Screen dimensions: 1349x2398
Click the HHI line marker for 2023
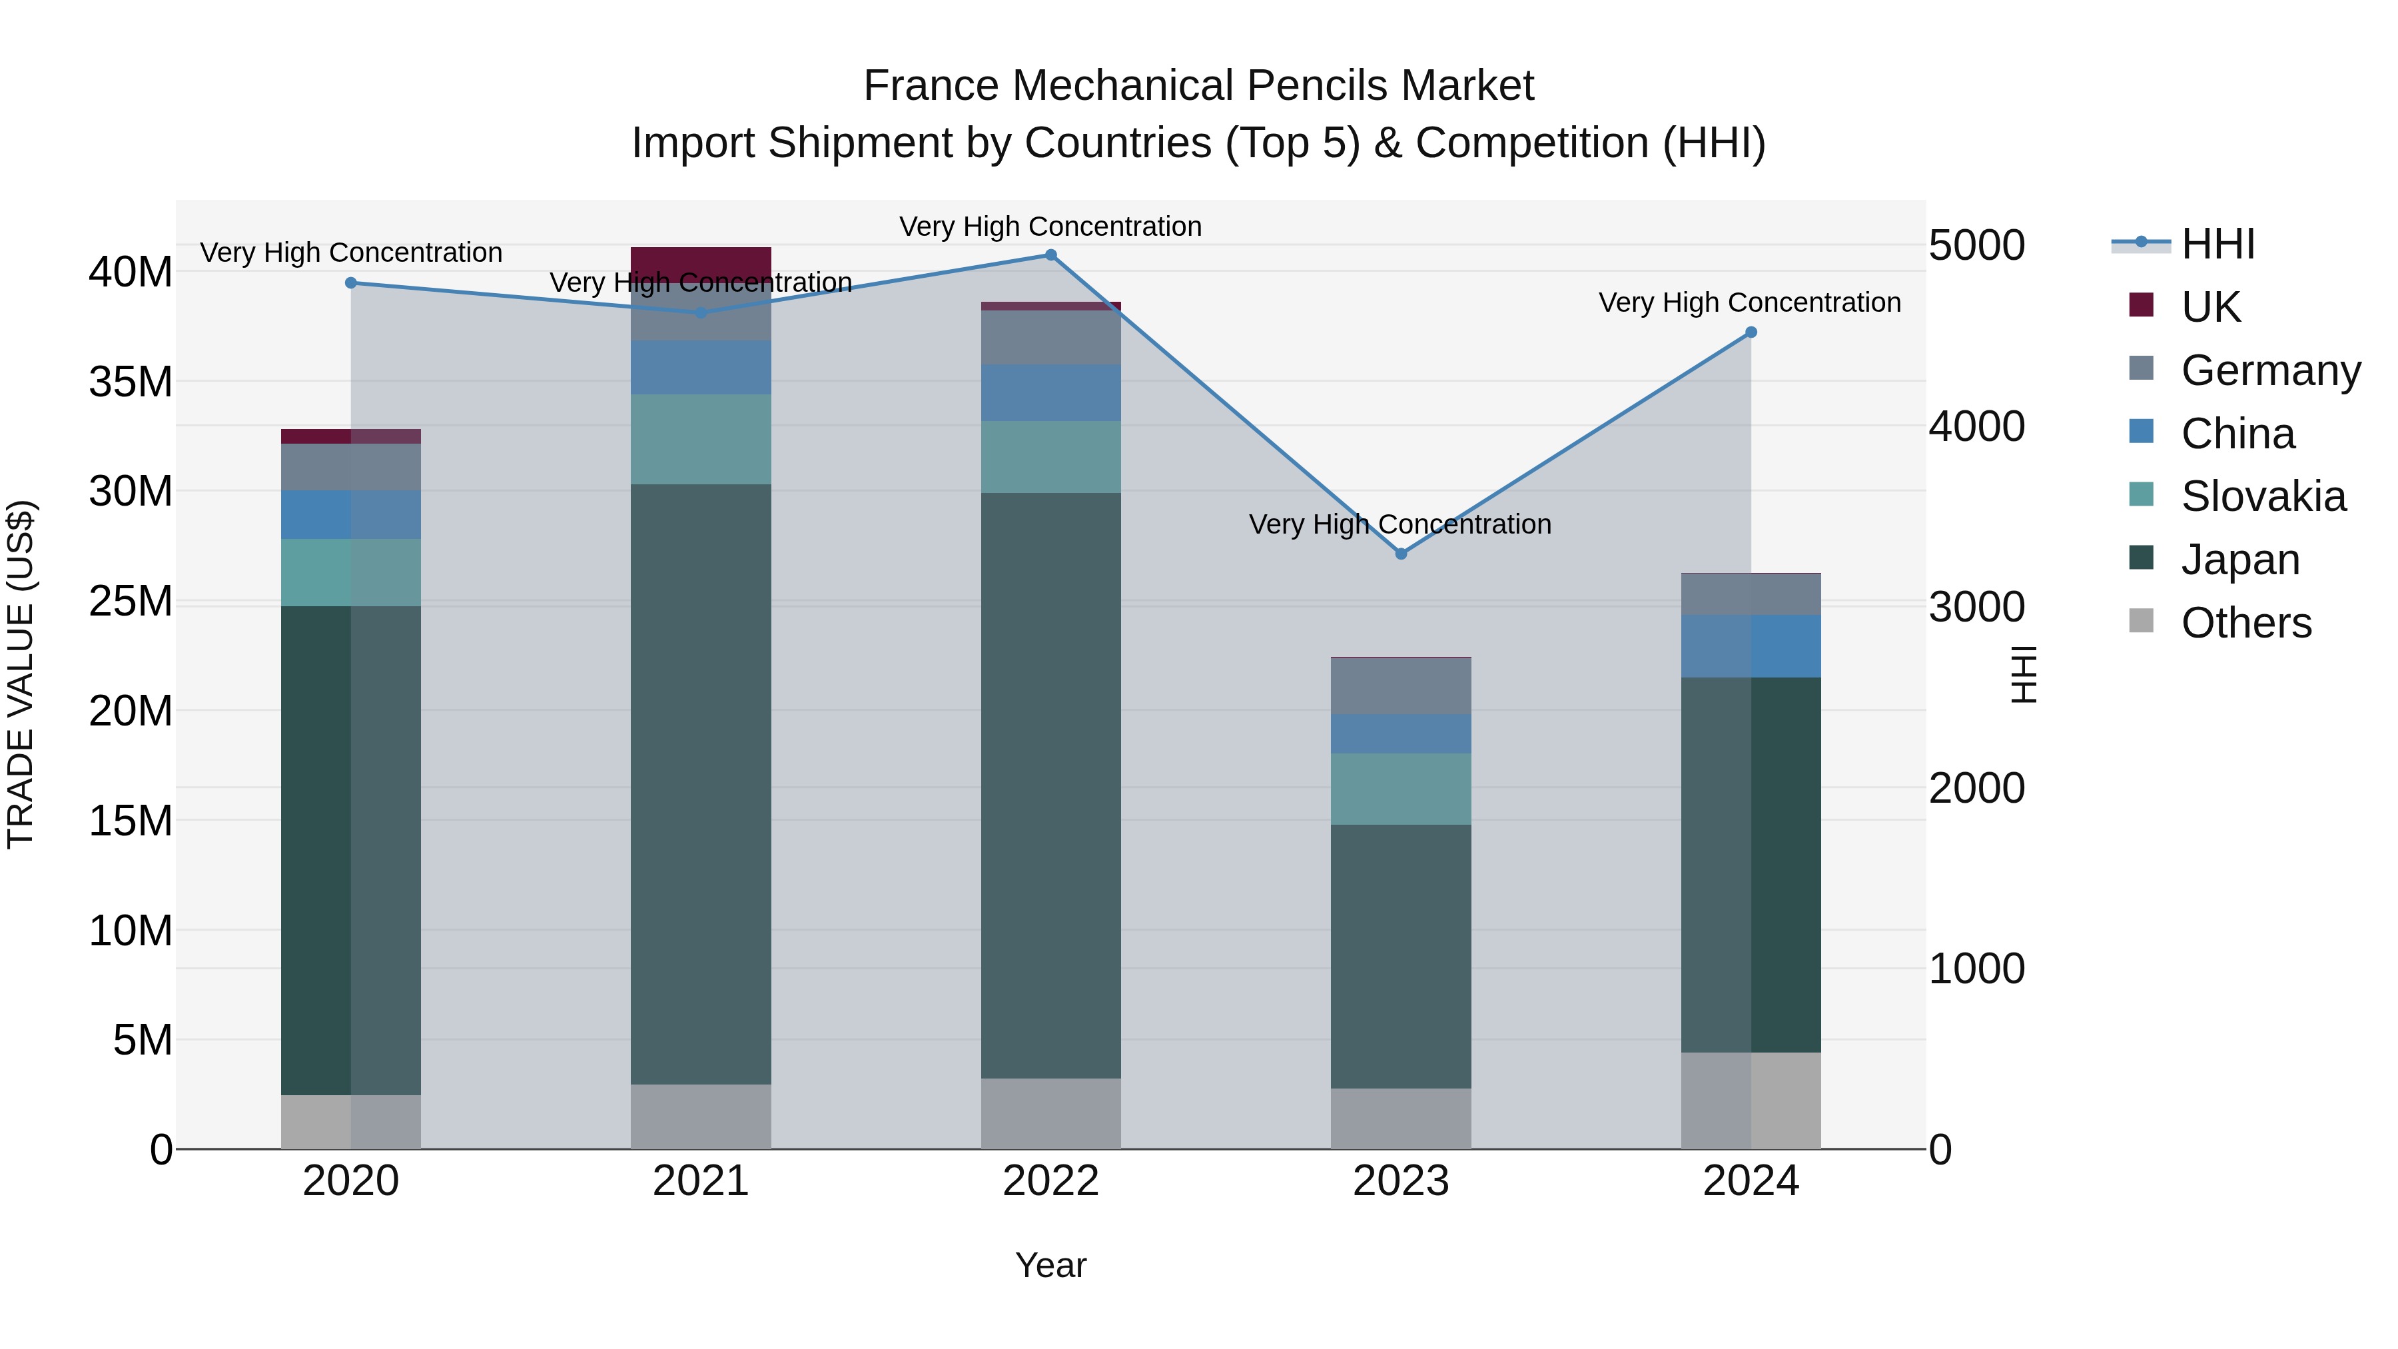1401,554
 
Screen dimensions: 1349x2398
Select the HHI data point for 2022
1051,255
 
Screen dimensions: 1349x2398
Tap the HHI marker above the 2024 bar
1751,332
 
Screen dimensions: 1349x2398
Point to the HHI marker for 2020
351,283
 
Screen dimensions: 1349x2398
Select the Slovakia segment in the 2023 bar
1401,789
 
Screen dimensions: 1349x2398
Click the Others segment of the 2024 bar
1751,1101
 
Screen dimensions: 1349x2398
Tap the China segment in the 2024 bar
1751,646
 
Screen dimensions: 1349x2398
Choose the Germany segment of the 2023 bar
1401,686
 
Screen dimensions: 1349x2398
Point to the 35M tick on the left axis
131,382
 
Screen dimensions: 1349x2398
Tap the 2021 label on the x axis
701,1181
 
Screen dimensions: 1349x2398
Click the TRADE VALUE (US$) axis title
21,674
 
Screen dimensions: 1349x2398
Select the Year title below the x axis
1051,1265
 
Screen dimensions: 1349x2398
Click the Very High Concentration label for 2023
1400,524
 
